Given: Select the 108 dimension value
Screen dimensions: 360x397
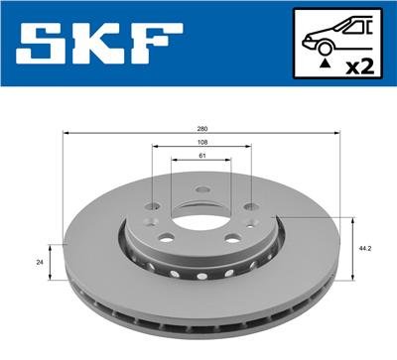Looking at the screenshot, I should pos(201,142).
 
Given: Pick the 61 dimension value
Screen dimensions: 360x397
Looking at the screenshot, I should pos(201,156).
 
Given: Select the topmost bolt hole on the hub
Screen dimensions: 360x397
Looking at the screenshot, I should pos(201,188).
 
